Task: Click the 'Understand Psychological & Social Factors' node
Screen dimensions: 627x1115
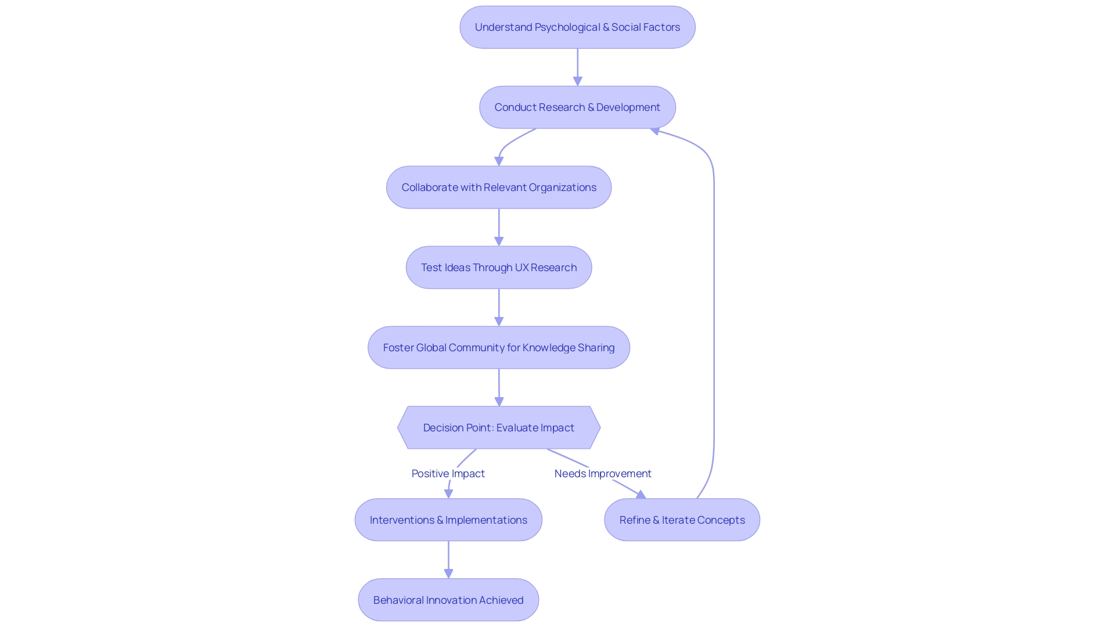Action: (x=577, y=27)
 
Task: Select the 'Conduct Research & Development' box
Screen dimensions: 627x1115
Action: (x=577, y=107)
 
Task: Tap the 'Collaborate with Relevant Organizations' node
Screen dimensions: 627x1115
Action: (x=499, y=188)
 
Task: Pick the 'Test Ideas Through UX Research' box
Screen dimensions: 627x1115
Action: (x=499, y=268)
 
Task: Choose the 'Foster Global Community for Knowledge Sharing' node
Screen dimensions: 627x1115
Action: (x=499, y=348)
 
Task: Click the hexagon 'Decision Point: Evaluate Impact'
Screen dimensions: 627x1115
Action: (x=499, y=428)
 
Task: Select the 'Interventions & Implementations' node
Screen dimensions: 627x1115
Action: (x=448, y=520)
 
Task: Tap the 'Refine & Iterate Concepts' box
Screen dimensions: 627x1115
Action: (x=682, y=520)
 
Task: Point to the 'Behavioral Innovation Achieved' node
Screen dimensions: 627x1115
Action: (x=448, y=600)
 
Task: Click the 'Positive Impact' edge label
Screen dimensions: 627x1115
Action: (x=448, y=474)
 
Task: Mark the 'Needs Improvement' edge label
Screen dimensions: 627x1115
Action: (x=603, y=474)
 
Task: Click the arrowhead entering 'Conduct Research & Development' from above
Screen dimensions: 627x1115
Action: (x=577, y=81)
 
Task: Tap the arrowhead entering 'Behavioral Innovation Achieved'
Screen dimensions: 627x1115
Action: (x=448, y=574)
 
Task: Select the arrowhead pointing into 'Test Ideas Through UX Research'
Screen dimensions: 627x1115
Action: (x=499, y=241)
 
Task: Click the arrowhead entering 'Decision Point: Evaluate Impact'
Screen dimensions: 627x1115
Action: (x=499, y=401)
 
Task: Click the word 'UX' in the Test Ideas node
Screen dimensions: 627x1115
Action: (x=521, y=268)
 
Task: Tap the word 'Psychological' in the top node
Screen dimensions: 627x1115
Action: (x=567, y=27)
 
